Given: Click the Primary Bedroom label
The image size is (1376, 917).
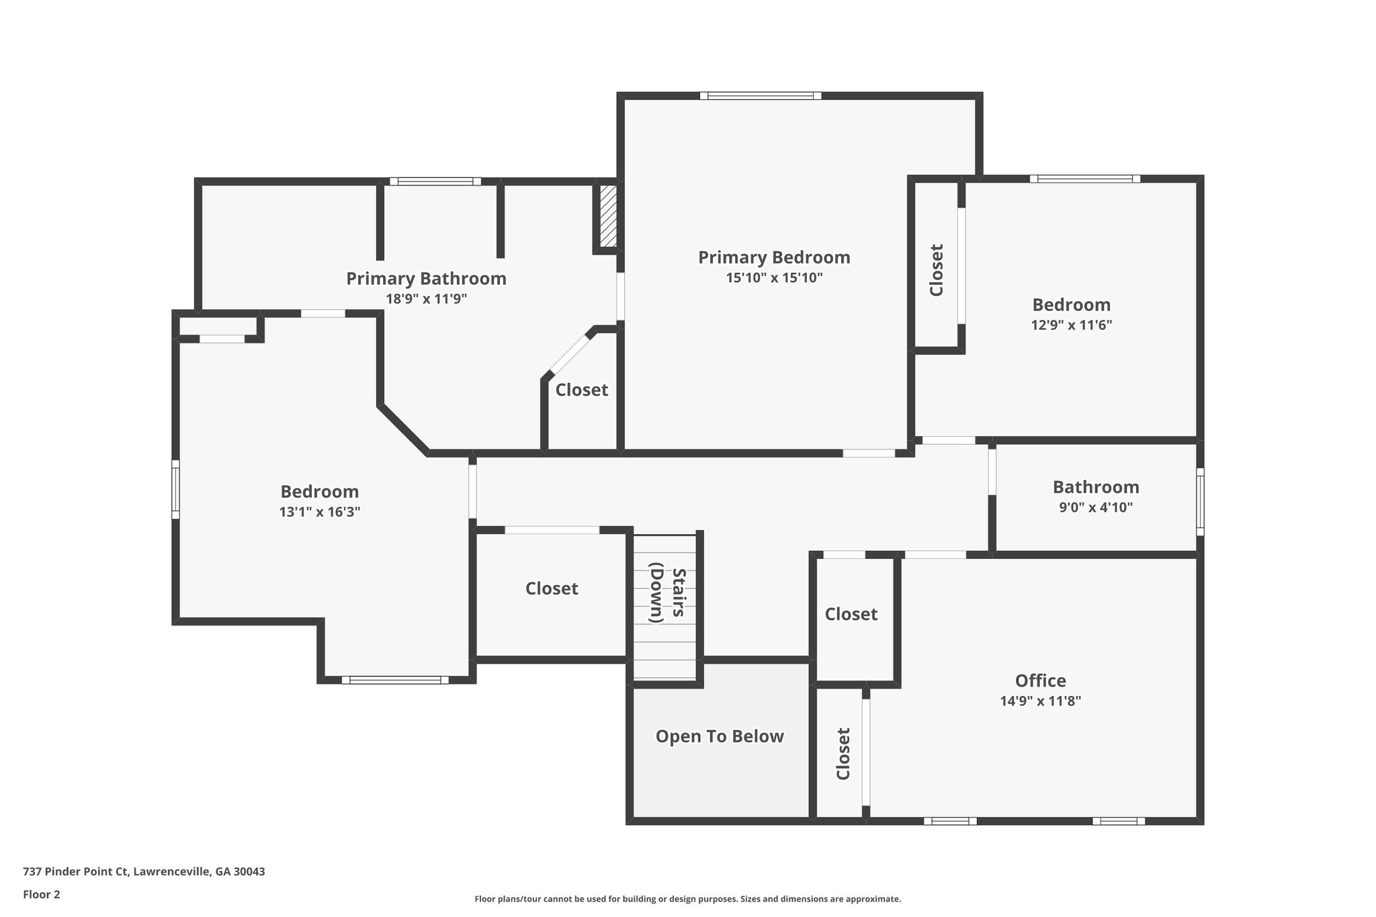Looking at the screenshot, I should point(774,257).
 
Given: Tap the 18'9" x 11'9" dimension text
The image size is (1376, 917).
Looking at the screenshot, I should point(426,299).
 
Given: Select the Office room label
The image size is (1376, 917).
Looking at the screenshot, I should point(1040,681).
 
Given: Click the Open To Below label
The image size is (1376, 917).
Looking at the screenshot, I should point(720,736).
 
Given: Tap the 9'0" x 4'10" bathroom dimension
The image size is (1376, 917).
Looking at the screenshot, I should point(1096,507).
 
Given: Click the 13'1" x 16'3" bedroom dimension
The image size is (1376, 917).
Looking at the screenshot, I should point(320,512).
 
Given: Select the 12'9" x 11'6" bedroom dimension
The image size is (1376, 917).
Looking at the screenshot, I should point(1072,325).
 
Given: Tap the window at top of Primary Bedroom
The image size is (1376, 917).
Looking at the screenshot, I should point(761,96).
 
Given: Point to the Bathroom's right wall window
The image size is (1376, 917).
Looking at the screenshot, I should point(1200,502).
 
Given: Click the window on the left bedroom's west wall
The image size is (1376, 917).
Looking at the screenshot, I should point(175,489).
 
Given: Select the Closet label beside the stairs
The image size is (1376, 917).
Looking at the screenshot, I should point(552,588).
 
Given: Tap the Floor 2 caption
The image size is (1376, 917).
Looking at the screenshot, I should point(42,894).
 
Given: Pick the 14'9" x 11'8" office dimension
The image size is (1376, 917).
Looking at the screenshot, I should point(1040,701).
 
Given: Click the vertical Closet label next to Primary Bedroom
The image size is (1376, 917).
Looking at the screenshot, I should point(937,270).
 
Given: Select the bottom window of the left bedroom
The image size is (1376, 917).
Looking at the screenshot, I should point(395,680).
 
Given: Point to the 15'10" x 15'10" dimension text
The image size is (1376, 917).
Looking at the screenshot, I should point(774,278).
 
